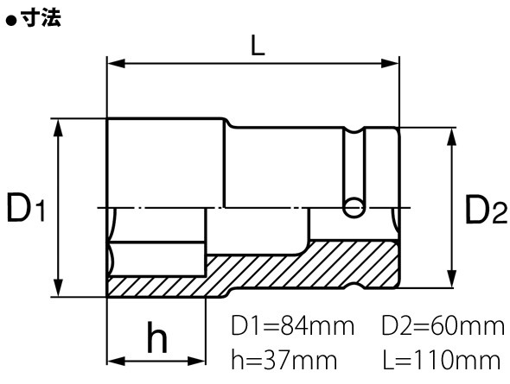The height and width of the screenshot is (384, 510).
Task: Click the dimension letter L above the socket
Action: (258, 45)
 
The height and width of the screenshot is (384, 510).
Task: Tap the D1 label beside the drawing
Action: (25, 208)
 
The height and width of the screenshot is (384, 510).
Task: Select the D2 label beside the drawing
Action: (486, 210)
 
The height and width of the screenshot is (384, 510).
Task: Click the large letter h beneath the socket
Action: (157, 337)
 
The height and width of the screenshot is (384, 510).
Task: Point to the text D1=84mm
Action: (292, 326)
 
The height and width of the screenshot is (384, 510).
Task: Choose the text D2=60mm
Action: (443, 326)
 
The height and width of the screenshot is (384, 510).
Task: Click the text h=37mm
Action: (284, 360)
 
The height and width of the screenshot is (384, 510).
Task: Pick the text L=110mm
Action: (442, 360)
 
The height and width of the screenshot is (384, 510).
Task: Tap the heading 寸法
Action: (41, 17)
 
